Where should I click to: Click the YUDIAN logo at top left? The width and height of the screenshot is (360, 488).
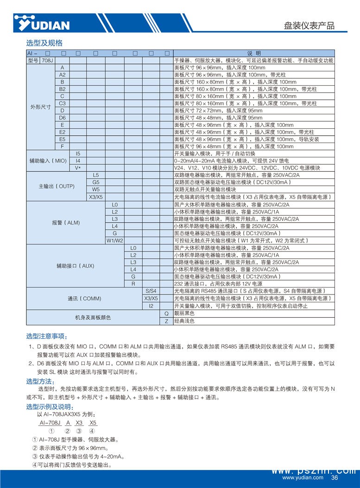tap(41, 23)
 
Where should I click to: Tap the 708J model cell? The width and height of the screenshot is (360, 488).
tap(48, 61)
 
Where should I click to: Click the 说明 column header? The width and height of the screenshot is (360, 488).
tap(253, 53)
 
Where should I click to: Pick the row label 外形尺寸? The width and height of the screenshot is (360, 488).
tap(40, 106)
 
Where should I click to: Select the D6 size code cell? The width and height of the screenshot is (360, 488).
tap(62, 118)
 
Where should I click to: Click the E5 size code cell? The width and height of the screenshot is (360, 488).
tap(62, 139)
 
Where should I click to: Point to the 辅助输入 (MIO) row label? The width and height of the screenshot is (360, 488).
tap(48, 161)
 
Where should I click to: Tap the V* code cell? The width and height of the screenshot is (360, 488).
tap(78, 168)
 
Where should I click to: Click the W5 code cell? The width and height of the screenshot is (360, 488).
tap(96, 189)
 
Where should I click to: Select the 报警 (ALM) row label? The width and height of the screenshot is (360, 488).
tap(66, 223)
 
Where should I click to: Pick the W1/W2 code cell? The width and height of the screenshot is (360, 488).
tap(115, 241)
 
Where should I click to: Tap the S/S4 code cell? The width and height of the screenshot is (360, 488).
tap(151, 291)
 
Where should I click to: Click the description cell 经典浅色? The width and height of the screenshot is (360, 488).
tap(184, 321)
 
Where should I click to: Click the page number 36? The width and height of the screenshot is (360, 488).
tap(335, 478)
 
